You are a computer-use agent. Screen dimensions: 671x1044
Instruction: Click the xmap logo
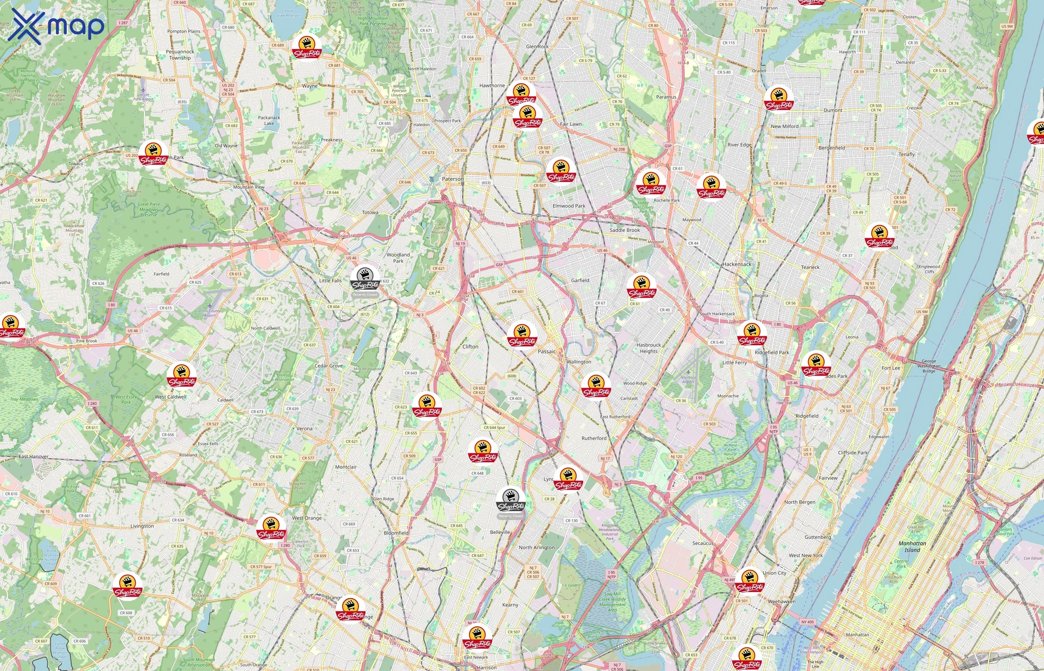(56, 26)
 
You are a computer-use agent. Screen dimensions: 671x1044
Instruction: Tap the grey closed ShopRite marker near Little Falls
(365, 279)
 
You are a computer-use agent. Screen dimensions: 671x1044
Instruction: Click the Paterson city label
(453, 179)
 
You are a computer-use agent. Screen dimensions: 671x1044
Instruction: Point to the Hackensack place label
(736, 264)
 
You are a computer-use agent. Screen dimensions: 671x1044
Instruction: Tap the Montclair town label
(346, 467)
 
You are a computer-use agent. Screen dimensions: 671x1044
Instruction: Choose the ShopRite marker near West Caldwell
(182, 377)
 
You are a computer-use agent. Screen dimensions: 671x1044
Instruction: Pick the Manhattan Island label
(912, 546)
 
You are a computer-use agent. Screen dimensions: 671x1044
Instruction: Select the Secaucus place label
(703, 544)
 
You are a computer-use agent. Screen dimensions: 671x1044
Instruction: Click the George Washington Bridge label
(928, 366)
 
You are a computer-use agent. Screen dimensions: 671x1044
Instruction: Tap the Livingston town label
(142, 526)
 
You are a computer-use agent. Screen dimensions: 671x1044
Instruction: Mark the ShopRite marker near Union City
(750, 581)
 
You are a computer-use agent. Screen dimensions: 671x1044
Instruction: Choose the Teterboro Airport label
(688, 379)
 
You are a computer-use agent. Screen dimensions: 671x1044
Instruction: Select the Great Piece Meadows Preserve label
(148, 210)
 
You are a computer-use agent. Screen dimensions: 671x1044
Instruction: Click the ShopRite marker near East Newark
(478, 638)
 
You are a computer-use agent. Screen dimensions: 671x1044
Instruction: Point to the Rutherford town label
(594, 438)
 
